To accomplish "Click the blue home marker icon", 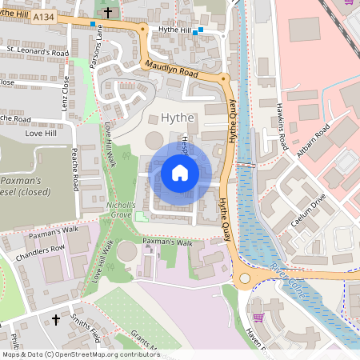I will (x=180, y=172).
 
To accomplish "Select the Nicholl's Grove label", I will (x=122, y=210).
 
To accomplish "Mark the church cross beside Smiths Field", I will (x=56, y=320).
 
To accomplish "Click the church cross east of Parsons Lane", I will (x=108, y=12).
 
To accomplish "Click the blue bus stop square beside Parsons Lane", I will (x=94, y=25).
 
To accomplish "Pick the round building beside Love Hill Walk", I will (x=126, y=251).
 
